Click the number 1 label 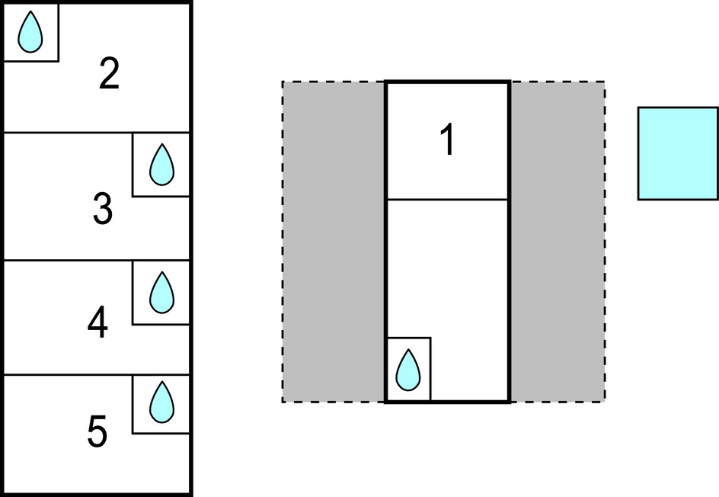pyautogui.click(x=448, y=141)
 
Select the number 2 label pyautogui.click(x=110, y=75)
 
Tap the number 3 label pyautogui.click(x=103, y=210)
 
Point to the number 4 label pyautogui.click(x=97, y=324)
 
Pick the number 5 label pyautogui.click(x=97, y=432)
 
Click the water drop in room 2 pyautogui.click(x=30, y=33)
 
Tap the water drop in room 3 pyautogui.click(x=161, y=165)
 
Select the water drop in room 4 pyautogui.click(x=161, y=293)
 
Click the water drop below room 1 pyautogui.click(x=409, y=370)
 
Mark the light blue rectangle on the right pyautogui.click(x=677, y=153)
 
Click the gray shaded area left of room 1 pyautogui.click(x=334, y=242)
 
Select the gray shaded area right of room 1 pyautogui.click(x=557, y=242)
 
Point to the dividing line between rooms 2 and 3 pyautogui.click(x=69, y=133)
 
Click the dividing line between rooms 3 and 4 pyautogui.click(x=69, y=261)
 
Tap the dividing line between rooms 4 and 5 pyautogui.click(x=69, y=375)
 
